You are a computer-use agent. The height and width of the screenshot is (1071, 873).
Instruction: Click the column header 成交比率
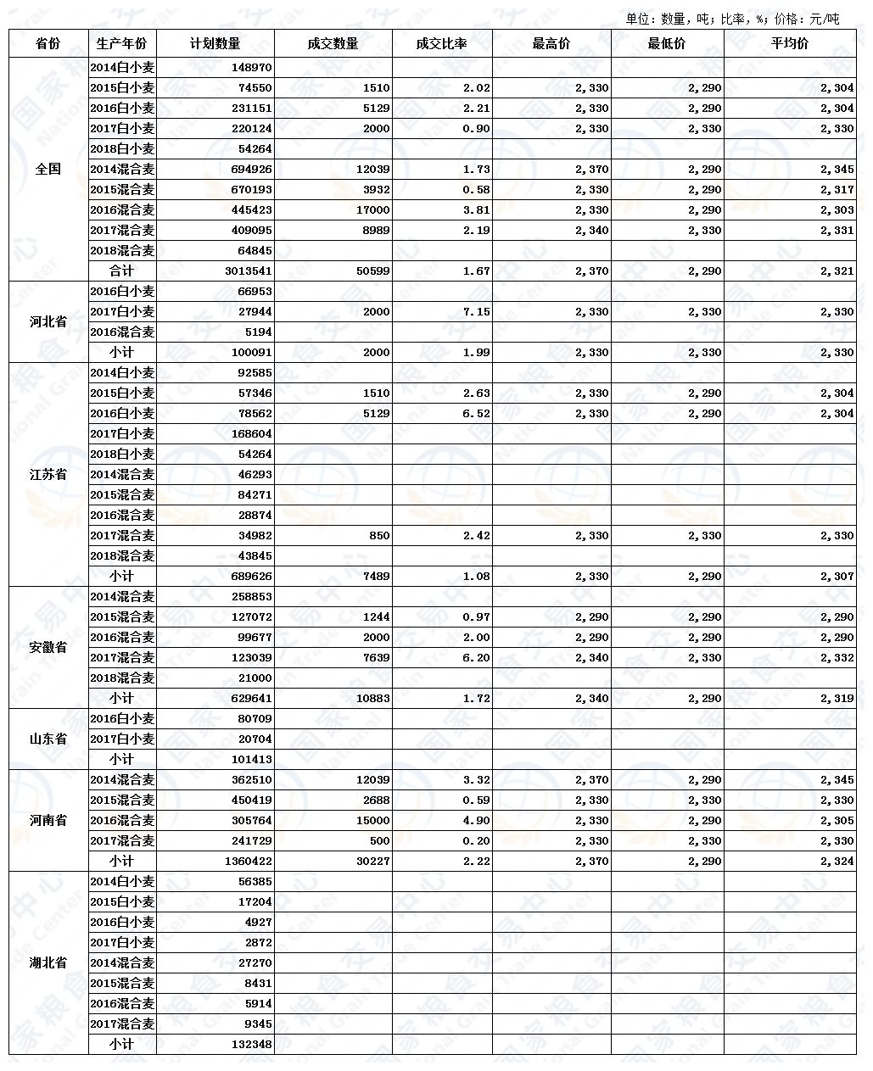pyautogui.click(x=441, y=43)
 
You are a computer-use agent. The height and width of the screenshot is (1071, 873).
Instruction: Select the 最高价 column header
pyautogui.click(x=551, y=43)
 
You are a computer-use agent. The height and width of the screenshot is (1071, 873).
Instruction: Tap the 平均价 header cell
pyautogui.click(x=789, y=43)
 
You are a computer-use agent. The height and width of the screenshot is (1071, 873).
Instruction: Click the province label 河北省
pyautogui.click(x=48, y=322)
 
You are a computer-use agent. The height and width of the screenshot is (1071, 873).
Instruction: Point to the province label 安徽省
pyautogui.click(x=48, y=648)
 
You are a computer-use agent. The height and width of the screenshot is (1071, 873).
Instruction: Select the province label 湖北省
pyautogui.click(x=48, y=963)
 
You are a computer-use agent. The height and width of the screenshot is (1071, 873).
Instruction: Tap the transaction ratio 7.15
pyautogui.click(x=476, y=312)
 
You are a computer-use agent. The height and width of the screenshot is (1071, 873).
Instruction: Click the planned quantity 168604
pyautogui.click(x=251, y=434)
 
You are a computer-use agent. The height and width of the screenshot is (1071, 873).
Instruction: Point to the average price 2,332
pyautogui.click(x=837, y=658)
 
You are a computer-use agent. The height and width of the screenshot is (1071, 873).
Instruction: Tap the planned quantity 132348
pyautogui.click(x=251, y=1045)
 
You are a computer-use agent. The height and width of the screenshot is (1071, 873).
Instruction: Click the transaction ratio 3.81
pyautogui.click(x=476, y=210)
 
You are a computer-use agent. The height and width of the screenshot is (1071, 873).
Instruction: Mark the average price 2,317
pyautogui.click(x=837, y=190)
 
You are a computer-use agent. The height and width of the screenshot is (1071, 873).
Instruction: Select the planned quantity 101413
pyautogui.click(x=251, y=760)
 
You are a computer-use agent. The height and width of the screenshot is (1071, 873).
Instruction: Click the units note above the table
pyautogui.click(x=732, y=19)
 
